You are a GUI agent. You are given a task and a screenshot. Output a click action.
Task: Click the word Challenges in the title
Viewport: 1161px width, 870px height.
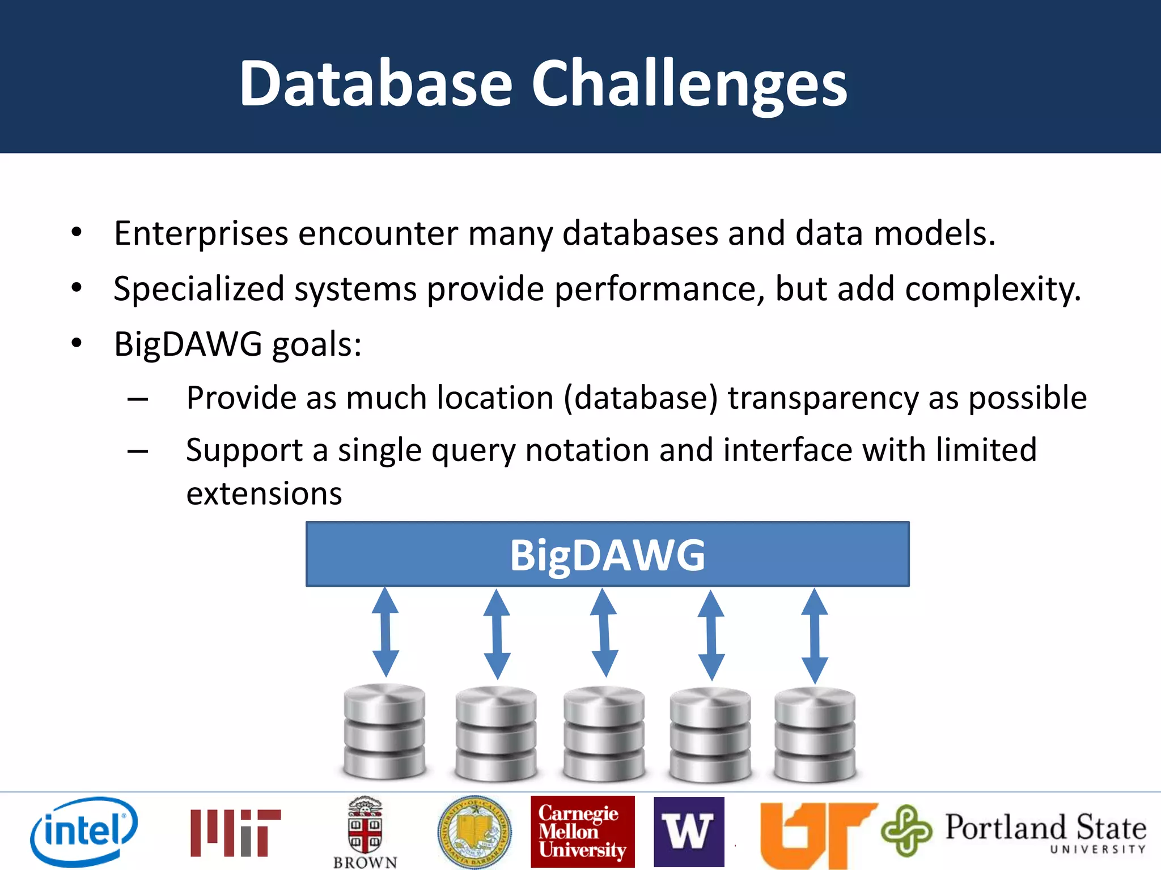coord(688,84)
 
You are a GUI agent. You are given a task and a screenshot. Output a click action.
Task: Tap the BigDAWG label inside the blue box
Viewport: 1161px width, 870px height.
coord(607,555)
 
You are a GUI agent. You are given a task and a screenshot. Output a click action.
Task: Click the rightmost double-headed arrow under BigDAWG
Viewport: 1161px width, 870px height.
coord(815,635)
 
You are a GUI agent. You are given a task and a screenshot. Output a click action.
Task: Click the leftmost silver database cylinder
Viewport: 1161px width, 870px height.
coord(384,731)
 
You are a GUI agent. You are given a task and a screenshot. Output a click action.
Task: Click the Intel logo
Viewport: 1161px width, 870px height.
coord(84,830)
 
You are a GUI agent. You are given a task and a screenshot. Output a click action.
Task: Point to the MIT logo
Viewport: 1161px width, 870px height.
coord(235,833)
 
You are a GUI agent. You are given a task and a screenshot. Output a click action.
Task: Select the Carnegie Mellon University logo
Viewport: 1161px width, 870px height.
coord(582,831)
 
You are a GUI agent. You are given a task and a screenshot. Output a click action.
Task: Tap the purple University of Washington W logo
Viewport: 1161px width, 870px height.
coord(689,831)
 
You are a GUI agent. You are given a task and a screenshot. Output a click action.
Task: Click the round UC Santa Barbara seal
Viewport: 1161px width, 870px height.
coord(474,831)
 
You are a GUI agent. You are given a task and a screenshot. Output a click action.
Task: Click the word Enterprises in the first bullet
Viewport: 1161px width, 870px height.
coord(201,233)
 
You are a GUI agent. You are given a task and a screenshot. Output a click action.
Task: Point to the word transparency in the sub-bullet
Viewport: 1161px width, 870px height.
coord(823,398)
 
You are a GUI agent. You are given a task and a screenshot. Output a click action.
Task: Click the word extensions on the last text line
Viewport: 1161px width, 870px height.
coord(264,494)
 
